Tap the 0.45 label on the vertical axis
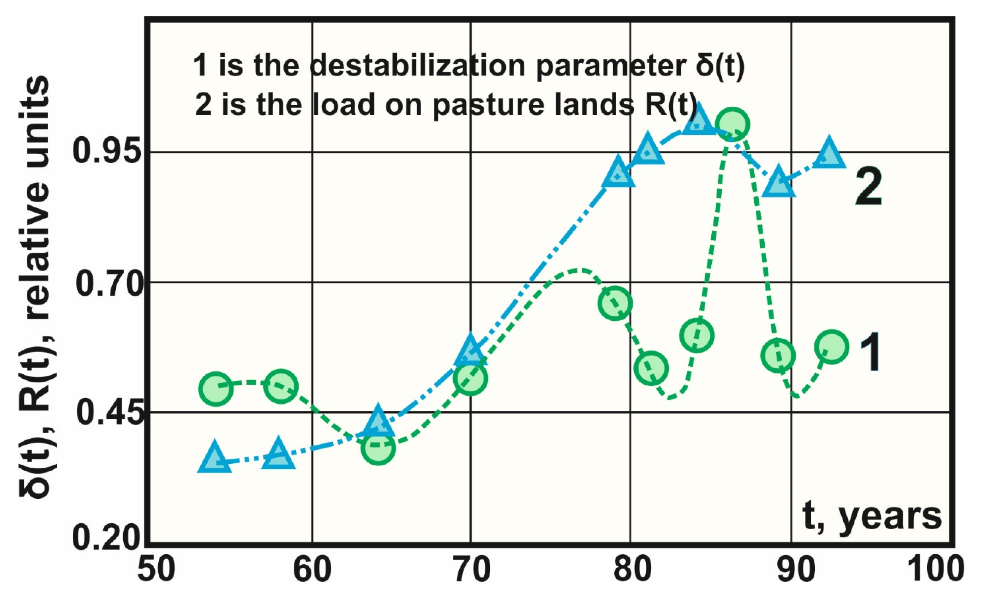[107, 413]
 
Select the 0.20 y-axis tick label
[107, 539]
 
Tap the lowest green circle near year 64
[379, 448]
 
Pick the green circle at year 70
[470, 378]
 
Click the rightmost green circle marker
[832, 346]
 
